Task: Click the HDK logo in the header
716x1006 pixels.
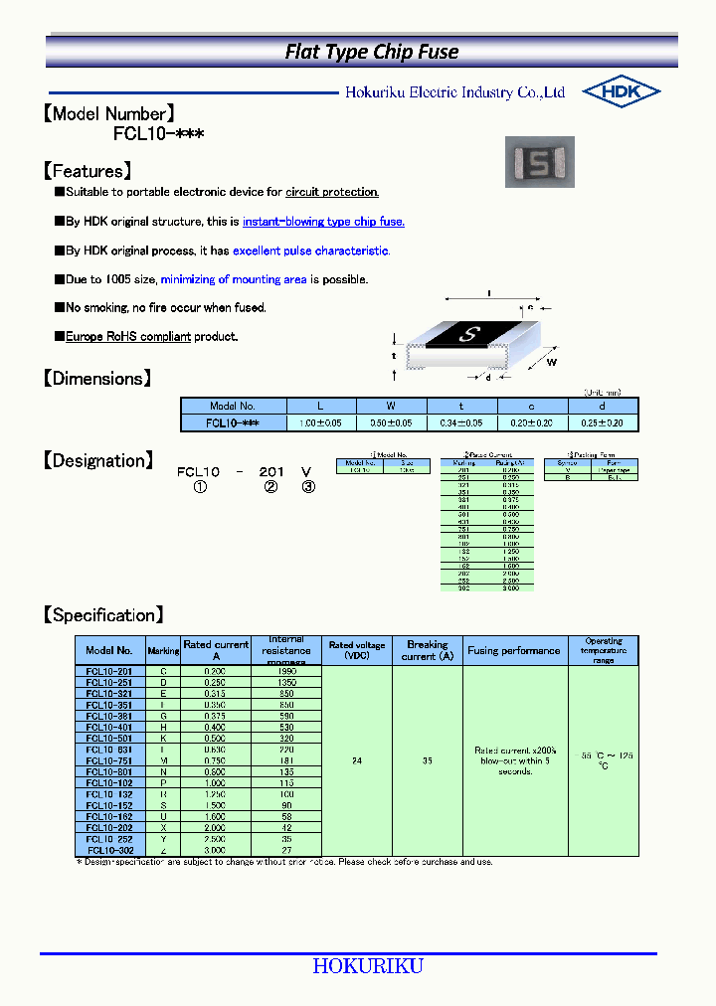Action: (x=622, y=91)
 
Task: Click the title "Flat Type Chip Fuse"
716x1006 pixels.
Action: (x=372, y=52)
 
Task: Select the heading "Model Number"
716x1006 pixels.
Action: (x=109, y=113)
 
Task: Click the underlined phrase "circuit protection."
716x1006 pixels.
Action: (x=332, y=192)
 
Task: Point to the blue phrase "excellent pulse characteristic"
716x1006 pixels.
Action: (x=310, y=251)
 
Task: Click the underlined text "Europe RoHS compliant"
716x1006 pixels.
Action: (x=127, y=337)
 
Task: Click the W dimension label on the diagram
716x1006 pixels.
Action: (x=552, y=363)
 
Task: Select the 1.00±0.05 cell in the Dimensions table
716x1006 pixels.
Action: (x=322, y=422)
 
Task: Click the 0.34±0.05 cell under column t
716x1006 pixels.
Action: (x=461, y=422)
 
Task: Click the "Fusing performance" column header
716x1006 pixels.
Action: (x=514, y=651)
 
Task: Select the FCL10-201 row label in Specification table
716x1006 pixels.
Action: (x=109, y=672)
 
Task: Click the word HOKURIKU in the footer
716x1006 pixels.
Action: (x=368, y=966)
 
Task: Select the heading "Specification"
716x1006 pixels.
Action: (x=103, y=615)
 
